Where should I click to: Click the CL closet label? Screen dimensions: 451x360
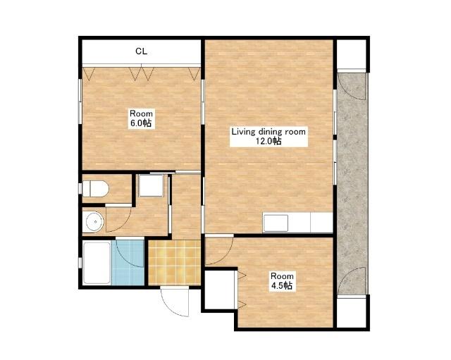click(x=141, y=51)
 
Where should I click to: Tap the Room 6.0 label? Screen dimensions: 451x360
click(x=141, y=118)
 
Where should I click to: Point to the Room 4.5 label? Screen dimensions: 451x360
click(x=282, y=281)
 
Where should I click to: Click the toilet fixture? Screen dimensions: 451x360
click(x=96, y=189)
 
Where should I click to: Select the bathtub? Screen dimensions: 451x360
click(x=97, y=263)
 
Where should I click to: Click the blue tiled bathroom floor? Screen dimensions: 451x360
click(x=128, y=263)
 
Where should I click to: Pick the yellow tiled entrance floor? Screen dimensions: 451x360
click(x=174, y=263)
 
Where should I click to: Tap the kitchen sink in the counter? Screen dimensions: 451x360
click(x=276, y=223)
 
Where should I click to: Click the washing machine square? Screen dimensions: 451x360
click(x=151, y=185)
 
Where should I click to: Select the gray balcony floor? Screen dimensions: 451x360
click(x=352, y=184)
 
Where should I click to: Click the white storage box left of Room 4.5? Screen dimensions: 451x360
click(x=219, y=290)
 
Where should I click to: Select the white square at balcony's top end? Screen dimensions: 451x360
click(x=351, y=54)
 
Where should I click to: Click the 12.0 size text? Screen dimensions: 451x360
click(x=268, y=141)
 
